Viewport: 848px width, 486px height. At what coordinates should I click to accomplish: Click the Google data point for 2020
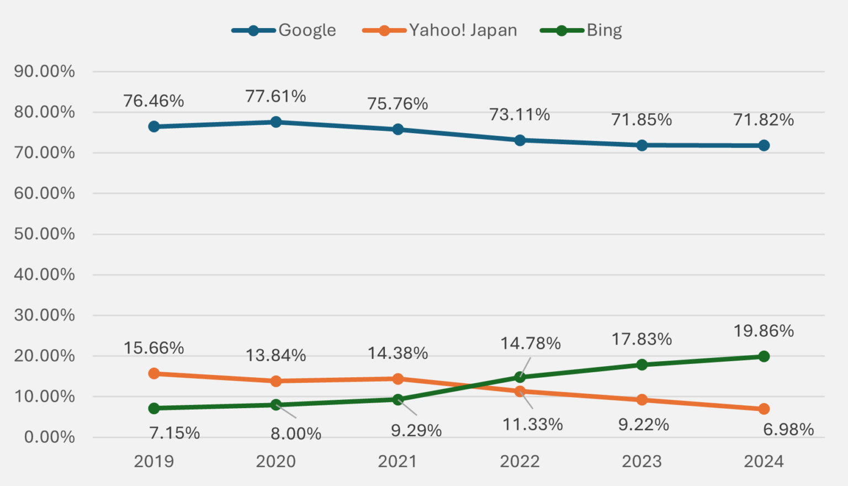[276, 122]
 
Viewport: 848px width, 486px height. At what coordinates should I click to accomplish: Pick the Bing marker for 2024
[764, 356]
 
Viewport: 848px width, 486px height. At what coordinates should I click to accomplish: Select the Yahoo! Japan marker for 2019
[154, 374]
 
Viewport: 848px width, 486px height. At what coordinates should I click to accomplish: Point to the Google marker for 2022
[520, 140]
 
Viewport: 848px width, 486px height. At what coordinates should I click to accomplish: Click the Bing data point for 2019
[154, 408]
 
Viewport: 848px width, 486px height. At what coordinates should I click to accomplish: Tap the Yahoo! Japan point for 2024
[764, 409]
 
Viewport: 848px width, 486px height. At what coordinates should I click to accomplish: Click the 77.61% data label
[275, 97]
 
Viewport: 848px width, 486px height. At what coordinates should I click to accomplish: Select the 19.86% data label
[764, 331]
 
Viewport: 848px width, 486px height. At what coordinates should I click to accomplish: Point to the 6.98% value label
[788, 430]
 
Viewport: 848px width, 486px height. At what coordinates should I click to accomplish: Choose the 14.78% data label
[531, 344]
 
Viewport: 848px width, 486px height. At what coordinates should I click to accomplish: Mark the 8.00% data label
[296, 434]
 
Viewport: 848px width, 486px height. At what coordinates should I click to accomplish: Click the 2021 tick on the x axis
[397, 462]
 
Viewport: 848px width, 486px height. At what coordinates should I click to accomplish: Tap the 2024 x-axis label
[764, 462]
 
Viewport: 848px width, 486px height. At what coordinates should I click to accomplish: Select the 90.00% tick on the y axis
[44, 71]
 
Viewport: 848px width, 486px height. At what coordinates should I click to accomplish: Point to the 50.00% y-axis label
[44, 234]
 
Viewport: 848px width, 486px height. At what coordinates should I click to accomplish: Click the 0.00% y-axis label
[49, 437]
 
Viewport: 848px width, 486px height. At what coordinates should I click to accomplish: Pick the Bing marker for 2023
[642, 364]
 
